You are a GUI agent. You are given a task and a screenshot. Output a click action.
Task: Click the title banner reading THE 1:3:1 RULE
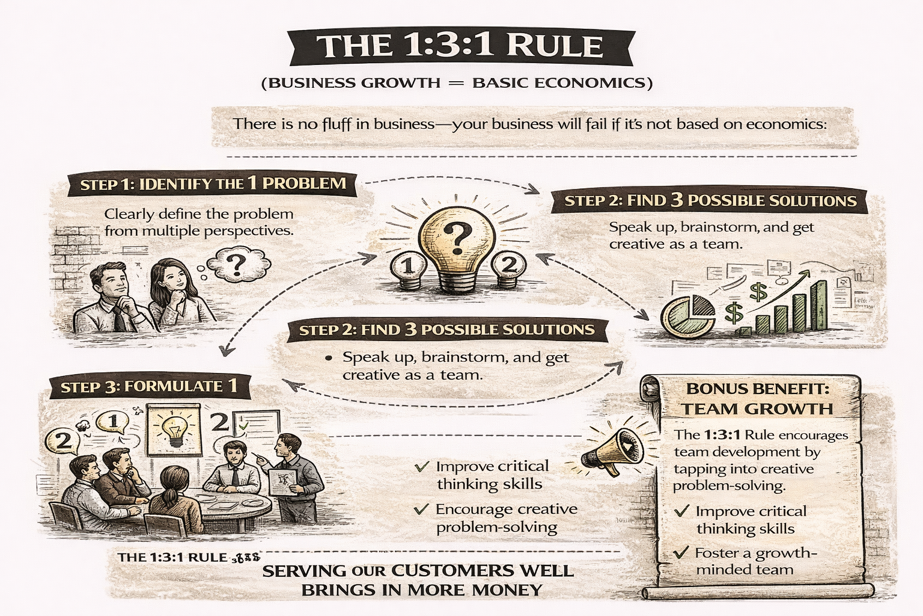tap(460, 46)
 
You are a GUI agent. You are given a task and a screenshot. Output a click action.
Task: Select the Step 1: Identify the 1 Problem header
tap(213, 183)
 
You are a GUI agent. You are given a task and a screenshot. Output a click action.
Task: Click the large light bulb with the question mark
tap(458, 247)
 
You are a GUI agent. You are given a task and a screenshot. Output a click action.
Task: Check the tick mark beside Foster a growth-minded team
tap(681, 552)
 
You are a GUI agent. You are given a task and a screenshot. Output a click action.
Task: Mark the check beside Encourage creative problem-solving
tap(421, 510)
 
